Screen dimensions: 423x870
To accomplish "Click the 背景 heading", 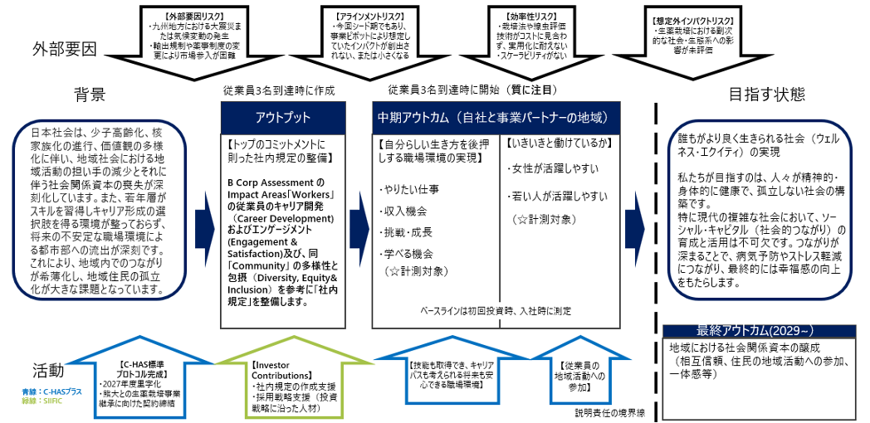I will click(90, 95).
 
